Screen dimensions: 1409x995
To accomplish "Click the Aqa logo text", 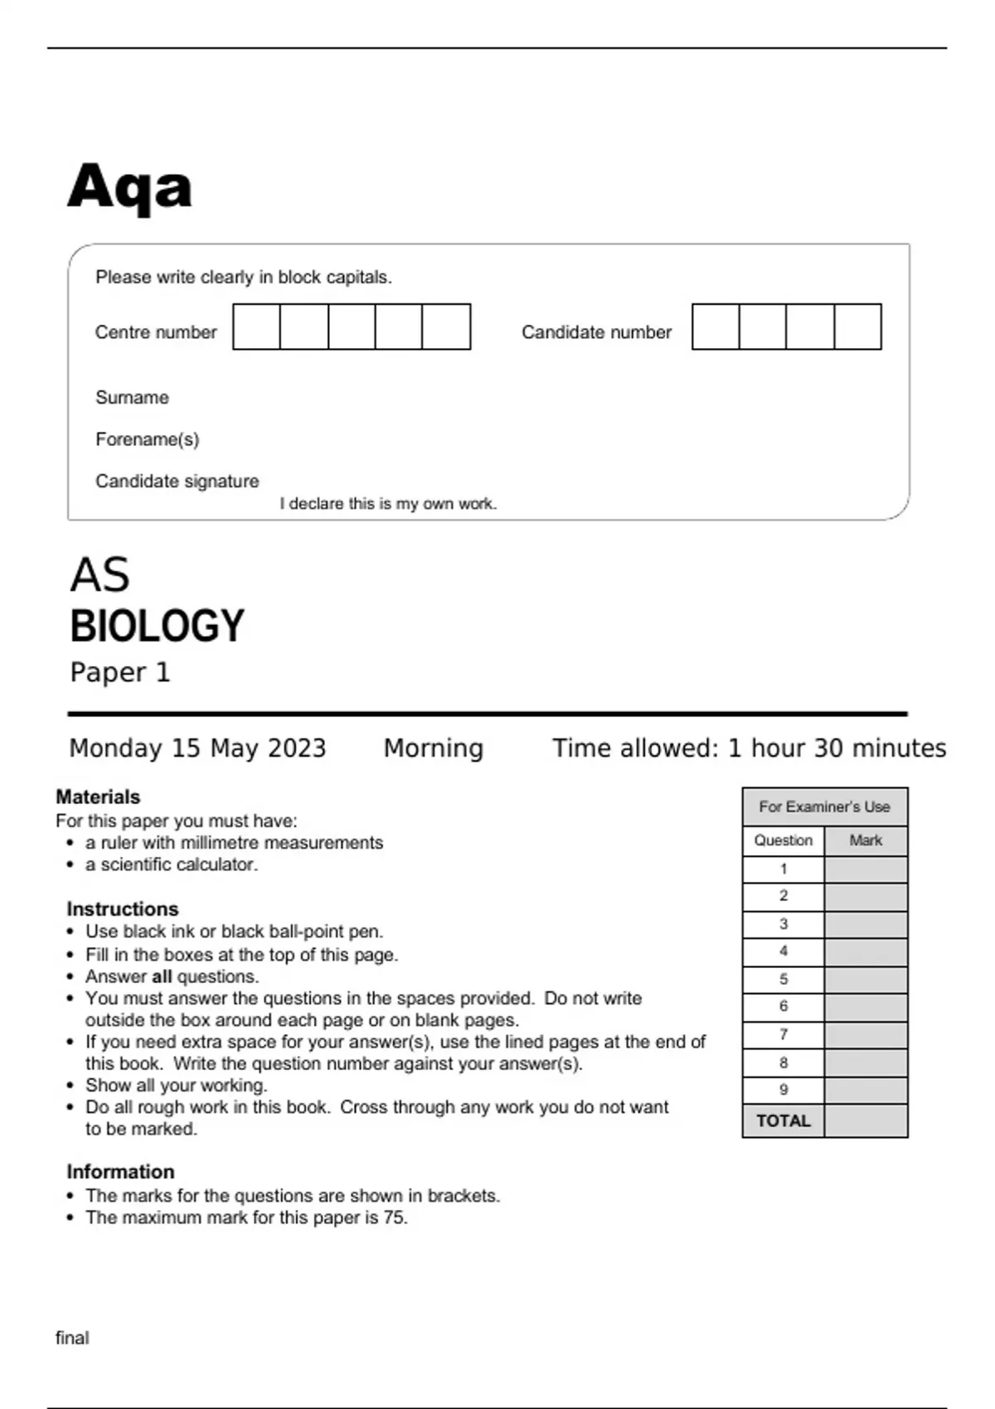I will pos(129,187).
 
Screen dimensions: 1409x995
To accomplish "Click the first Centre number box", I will pos(256,327).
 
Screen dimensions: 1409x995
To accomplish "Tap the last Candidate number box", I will pos(857,327).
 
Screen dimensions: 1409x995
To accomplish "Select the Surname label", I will pos(132,398).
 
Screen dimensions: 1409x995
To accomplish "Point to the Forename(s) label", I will pos(147,439).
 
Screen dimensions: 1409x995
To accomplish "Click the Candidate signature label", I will pos(177,482).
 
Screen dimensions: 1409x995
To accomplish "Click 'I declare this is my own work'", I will pos(388,504).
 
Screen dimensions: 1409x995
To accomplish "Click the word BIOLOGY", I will pos(157,627).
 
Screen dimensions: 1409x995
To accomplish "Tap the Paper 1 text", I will pos(119,672).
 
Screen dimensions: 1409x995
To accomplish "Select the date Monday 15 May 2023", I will pos(197,748).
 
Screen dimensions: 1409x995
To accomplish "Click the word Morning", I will pos(433,748).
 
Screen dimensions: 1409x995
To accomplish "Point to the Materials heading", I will pos(98,797).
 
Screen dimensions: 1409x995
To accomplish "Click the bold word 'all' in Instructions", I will pos(162,977).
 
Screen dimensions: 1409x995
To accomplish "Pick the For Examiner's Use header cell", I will pos(824,807).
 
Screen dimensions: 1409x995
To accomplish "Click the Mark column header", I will pos(866,840).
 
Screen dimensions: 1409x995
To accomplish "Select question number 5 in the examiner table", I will pos(783,980).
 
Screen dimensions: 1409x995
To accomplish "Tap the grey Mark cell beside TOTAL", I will pos(866,1121).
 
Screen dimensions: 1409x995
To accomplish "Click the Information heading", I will pos(120,1172).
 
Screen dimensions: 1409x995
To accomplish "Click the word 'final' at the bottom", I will pos(72,1338).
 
